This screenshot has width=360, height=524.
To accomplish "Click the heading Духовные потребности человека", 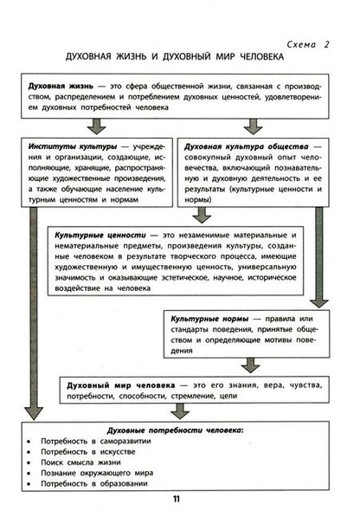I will (174, 430).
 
